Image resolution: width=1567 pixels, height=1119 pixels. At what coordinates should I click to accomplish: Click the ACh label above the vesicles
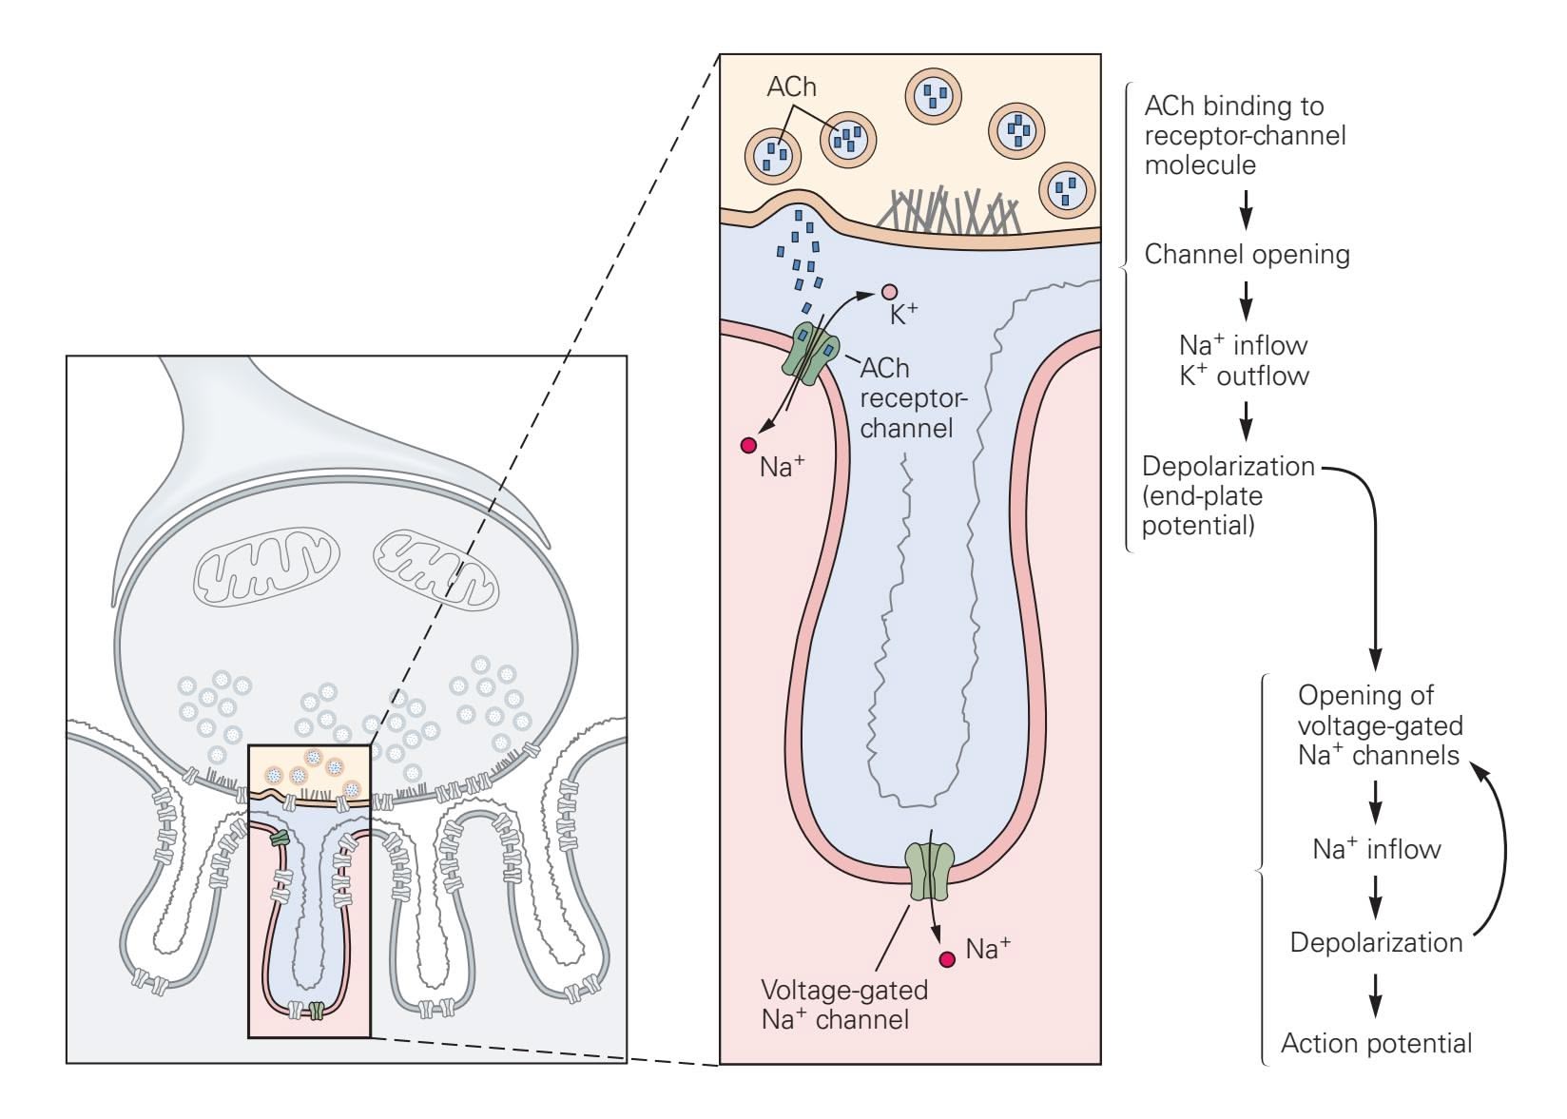point(791,87)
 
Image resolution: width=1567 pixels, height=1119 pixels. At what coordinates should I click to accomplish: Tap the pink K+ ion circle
point(889,292)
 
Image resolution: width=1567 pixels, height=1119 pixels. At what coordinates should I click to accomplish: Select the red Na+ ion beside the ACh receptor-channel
point(748,445)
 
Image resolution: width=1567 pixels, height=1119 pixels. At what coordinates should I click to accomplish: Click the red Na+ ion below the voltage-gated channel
point(947,959)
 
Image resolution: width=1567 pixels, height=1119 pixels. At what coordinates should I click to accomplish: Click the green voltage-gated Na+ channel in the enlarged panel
point(930,871)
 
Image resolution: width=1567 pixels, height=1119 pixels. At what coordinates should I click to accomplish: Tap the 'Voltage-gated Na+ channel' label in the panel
point(843,1004)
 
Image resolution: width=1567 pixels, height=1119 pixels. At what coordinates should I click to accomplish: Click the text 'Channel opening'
point(1247,255)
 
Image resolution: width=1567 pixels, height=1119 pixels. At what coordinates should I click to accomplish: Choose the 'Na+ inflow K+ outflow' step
point(1244,360)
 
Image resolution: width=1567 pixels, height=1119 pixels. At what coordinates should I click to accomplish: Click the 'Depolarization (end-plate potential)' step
point(1227,495)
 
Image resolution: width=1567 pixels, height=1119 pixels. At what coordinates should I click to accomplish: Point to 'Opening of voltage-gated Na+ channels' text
point(1379,725)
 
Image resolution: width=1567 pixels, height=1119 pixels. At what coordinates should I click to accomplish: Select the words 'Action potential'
point(1376,1044)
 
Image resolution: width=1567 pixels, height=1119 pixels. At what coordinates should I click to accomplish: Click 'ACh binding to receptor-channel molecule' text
point(1245,135)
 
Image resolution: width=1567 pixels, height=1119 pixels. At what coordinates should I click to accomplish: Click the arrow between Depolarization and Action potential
point(1375,994)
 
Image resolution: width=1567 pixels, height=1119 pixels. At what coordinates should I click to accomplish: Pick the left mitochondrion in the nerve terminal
point(267,568)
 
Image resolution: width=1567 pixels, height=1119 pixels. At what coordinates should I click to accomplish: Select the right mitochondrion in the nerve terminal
point(435,570)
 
